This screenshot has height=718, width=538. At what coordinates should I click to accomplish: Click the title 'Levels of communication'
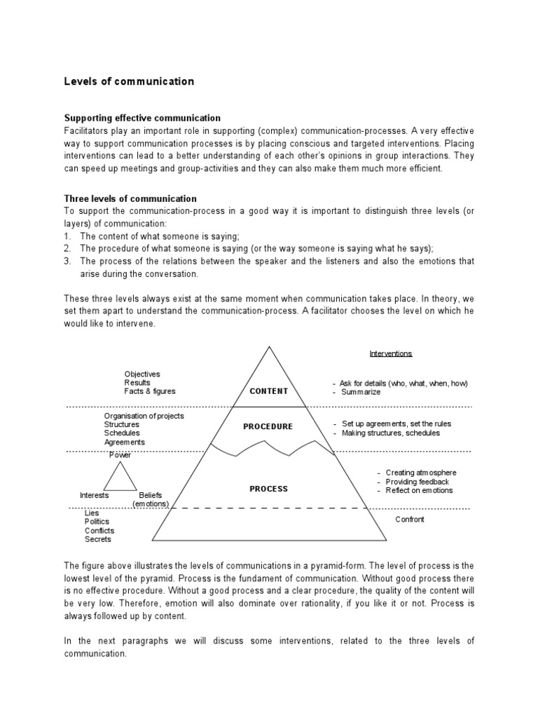[x=129, y=82]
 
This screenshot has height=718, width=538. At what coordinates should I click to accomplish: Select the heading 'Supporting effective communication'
[x=142, y=118]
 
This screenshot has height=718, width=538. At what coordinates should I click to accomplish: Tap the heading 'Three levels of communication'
[x=130, y=198]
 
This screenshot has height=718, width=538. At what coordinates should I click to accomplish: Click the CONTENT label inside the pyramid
[x=269, y=391]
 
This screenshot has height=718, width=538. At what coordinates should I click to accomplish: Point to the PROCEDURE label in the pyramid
[x=268, y=426]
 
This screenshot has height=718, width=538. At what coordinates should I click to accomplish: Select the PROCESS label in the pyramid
[x=269, y=489]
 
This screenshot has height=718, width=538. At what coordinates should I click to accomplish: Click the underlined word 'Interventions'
[x=390, y=354]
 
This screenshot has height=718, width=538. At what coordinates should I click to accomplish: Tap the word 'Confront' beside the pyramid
[x=410, y=520]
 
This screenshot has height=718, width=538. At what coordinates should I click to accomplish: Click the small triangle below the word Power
[x=120, y=478]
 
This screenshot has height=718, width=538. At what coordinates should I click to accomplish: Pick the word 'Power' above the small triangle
[x=120, y=455]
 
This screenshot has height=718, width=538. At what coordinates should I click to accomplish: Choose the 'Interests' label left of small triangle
[x=94, y=495]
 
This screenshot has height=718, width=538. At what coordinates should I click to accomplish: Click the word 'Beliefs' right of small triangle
[x=151, y=495]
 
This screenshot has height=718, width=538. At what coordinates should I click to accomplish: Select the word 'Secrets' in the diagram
[x=98, y=539]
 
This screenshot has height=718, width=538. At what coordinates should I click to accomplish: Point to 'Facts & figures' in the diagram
[x=150, y=391]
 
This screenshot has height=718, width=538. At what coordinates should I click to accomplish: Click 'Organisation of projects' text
[x=144, y=416]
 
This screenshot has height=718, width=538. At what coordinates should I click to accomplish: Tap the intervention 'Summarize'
[x=361, y=392]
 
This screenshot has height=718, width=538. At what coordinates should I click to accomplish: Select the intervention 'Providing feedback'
[x=418, y=482]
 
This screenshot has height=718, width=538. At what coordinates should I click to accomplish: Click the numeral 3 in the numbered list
[x=67, y=261]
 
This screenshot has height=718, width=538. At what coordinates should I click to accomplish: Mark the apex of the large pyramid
[x=269, y=346]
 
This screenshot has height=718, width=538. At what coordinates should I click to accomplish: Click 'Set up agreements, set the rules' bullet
[x=396, y=424]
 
